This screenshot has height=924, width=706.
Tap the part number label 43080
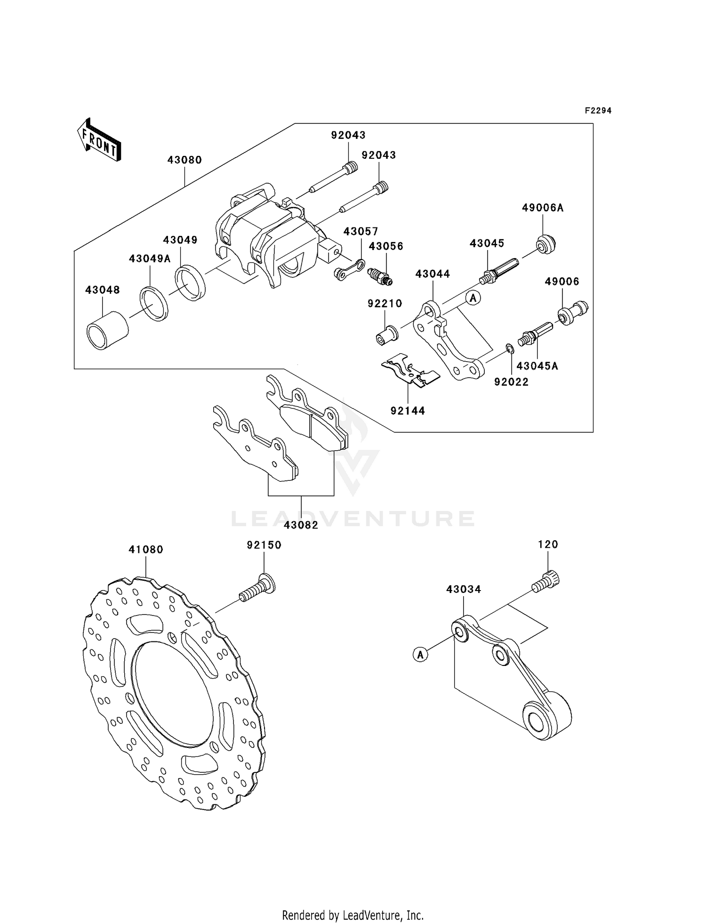185,160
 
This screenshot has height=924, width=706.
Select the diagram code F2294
598,111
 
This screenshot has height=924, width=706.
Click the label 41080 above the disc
146,550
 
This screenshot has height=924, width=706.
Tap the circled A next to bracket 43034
420,654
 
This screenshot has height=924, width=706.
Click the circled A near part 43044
473,298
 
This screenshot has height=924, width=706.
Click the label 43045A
537,366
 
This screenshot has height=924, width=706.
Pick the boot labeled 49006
572,312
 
